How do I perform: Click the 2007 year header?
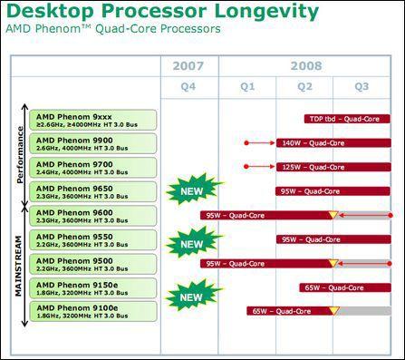click(x=188, y=65)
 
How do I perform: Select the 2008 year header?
click(x=307, y=65)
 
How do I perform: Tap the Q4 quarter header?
click(x=188, y=87)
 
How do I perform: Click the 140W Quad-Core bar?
click(x=309, y=143)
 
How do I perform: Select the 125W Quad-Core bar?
click(x=309, y=167)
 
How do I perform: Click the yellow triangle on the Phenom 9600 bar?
click(x=333, y=215)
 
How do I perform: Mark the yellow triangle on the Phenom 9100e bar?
click(x=333, y=311)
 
